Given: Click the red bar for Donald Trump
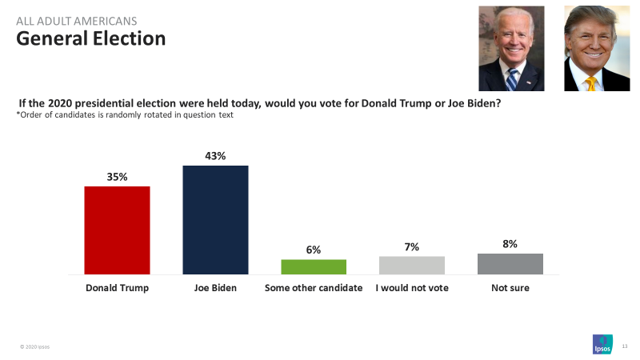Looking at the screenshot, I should (117, 230).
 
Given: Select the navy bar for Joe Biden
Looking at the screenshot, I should (215, 220).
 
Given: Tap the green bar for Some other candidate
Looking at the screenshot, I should (314, 267).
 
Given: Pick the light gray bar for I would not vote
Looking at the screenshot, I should (412, 266).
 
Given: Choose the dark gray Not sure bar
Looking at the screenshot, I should (510, 264).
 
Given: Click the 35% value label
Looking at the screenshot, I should (117, 177).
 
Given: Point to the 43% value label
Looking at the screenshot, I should (215, 156).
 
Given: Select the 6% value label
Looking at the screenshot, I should (314, 250).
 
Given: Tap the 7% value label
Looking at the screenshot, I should (412, 247).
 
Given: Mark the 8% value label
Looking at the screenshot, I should (510, 244).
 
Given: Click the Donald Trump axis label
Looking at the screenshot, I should (117, 287).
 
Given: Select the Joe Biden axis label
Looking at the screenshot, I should (215, 287).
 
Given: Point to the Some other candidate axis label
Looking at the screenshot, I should (314, 287).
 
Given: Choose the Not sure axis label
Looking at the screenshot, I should (510, 287).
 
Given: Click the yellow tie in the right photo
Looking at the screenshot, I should (591, 82).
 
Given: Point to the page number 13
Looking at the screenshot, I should (624, 346).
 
